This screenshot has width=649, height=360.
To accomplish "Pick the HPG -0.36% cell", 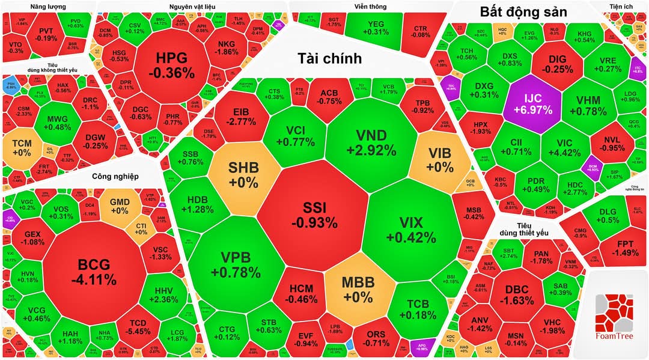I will click(171, 65).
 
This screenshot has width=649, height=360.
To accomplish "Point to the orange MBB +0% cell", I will click(358, 289).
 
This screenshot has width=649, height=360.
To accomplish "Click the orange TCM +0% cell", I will click(22, 148).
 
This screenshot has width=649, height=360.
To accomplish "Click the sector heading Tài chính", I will click(330, 58).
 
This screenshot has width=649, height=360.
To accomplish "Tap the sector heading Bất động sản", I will click(519, 11).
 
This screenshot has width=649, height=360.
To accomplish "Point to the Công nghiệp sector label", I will click(115, 176).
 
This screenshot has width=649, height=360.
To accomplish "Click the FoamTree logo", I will click(615, 316).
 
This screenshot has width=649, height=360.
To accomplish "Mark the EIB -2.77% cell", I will click(240, 117).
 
